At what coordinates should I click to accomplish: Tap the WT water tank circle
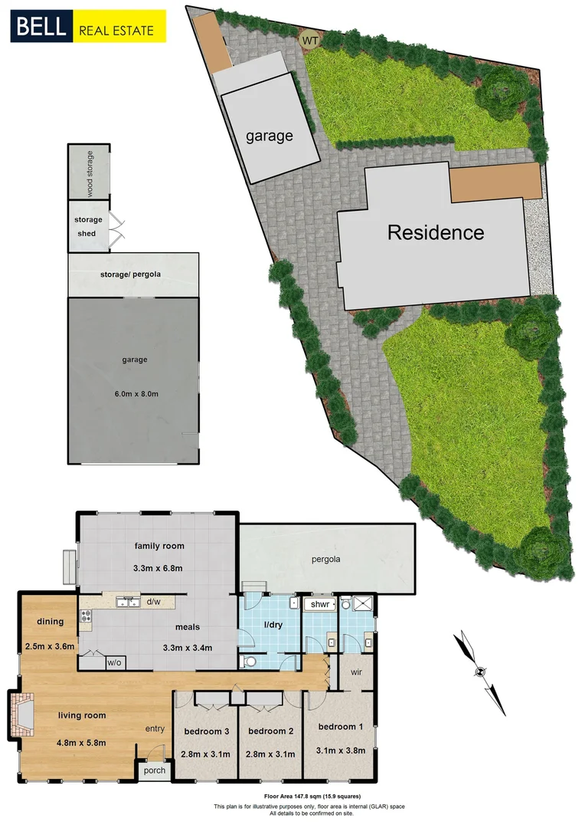coord(310,38)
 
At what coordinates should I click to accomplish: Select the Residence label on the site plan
coord(435,232)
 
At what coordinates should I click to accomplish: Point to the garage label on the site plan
coord(269,136)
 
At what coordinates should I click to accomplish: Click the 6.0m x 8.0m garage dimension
coord(134,394)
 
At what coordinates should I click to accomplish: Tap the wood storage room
coord(89,172)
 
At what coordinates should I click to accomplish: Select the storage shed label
coord(88,226)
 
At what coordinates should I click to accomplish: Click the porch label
coord(154,770)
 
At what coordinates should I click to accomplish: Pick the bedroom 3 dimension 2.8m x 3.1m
coord(206,754)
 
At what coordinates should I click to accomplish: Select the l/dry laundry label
coord(273,626)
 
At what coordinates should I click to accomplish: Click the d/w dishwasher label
coord(152,602)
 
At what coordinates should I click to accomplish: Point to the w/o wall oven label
coord(114,662)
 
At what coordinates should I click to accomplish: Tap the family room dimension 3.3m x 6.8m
coord(159,570)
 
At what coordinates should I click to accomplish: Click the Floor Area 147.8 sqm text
coord(308,797)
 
